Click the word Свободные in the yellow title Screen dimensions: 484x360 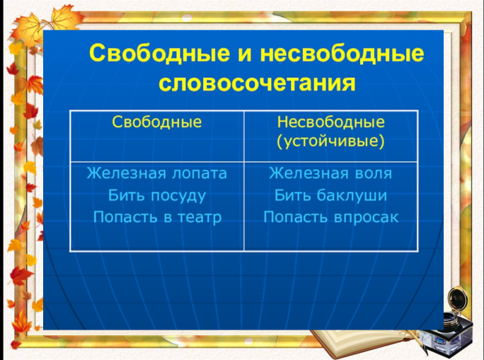160,53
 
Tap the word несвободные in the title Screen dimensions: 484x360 342,53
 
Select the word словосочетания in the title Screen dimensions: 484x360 257,83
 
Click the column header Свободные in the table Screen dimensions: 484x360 157,122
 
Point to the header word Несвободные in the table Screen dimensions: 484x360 331,122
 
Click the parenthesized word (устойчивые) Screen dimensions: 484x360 330,141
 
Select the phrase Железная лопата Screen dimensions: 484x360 157,173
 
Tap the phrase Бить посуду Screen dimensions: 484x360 157,196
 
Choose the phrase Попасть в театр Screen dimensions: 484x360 157,217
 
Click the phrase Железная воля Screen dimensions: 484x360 330,173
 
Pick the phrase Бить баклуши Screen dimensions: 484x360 330,196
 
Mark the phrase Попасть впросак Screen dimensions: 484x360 331,217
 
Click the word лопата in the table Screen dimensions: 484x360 200,174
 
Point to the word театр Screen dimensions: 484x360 200,218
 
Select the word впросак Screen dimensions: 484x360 366,218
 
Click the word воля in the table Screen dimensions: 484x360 374,174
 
